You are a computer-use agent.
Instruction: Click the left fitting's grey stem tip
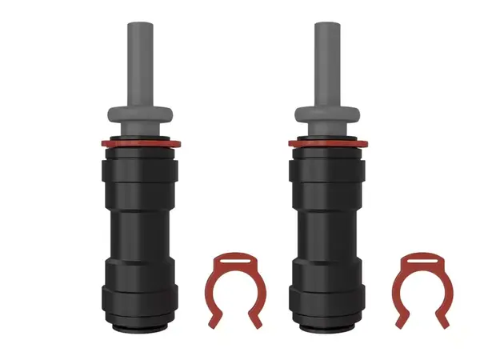coord(141,28)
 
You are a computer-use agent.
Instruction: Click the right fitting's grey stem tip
coord(328,28)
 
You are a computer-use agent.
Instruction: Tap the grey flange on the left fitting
coord(141,111)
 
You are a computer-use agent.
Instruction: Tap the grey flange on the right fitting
coord(328,111)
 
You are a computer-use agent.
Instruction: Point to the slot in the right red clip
coord(418,259)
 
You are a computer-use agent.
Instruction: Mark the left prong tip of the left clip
coord(213,324)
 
